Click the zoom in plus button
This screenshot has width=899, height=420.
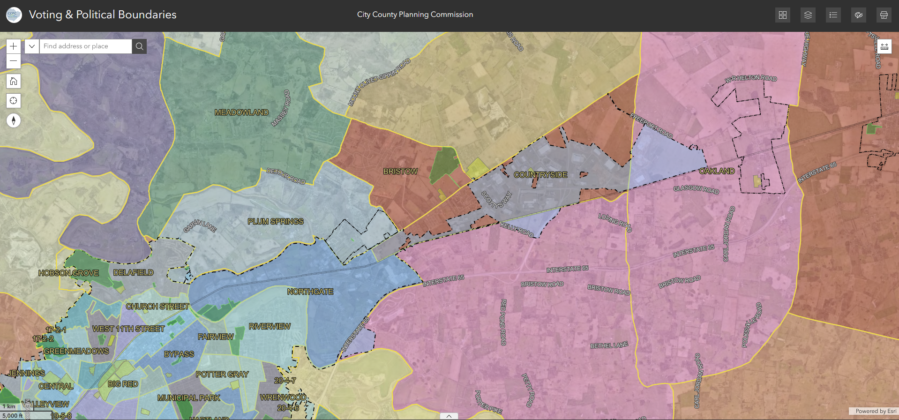click(14, 46)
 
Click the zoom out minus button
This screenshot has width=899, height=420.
click(14, 61)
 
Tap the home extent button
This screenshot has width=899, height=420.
click(14, 81)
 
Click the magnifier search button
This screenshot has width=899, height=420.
click(139, 46)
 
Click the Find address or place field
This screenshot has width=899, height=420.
click(85, 46)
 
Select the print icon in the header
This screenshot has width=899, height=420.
click(884, 15)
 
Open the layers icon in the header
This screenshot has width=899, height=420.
click(808, 15)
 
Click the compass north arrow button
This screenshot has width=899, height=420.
click(14, 120)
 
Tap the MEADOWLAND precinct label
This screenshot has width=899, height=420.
click(241, 112)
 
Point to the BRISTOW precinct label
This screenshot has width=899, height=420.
click(400, 172)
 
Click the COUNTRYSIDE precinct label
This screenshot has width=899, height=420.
click(540, 175)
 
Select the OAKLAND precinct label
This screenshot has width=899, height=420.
click(717, 171)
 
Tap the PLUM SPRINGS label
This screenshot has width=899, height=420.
click(276, 221)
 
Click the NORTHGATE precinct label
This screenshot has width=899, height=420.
click(310, 292)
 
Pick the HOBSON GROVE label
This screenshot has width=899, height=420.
click(68, 273)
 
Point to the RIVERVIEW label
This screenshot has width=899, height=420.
click(270, 326)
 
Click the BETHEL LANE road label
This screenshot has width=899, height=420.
click(609, 345)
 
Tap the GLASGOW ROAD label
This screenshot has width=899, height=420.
click(696, 189)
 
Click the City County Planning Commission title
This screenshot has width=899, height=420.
click(415, 15)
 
